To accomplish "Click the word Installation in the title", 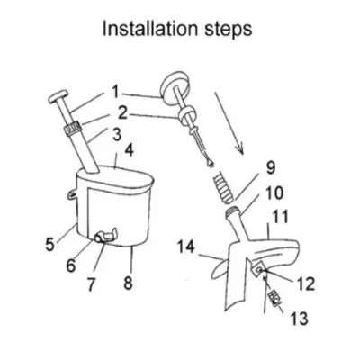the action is coord(150,29).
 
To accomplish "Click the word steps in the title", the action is coord(229,30).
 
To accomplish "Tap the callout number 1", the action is coord(115,92).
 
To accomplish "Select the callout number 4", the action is coord(129,151).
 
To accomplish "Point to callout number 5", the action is coord(50,243).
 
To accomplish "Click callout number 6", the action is coord(70,265).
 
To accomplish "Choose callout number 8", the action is coord(128,283).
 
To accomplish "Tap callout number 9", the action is coord(271,168).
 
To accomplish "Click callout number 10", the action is coord(273,193).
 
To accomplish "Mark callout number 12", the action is coord(305,283).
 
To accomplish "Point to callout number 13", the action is coord(299,318).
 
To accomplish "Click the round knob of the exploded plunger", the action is coord(175,88).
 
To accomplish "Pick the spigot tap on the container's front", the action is coord(105,237).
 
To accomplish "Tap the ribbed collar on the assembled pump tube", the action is coord(73,129).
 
